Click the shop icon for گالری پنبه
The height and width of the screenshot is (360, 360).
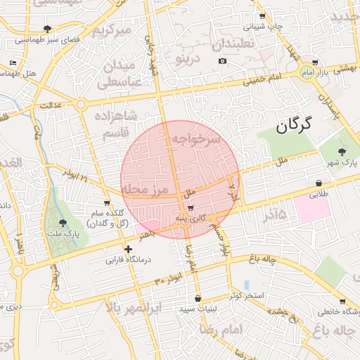tap(191, 208)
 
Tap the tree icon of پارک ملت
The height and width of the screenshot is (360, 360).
tap(63, 223)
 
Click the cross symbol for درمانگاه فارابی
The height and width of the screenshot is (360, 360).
tap(128, 249)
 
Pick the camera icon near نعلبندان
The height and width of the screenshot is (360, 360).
tap(223, 61)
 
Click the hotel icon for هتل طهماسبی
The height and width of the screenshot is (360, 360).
tap(13, 63)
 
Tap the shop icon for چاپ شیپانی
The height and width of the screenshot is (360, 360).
tap(262, 16)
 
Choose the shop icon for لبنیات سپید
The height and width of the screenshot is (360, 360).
tap(198, 298)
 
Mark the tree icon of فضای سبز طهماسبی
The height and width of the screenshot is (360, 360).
tap(47, 29)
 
